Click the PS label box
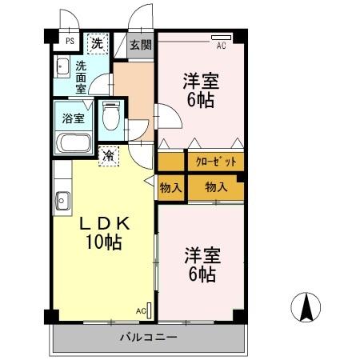tap(70, 40)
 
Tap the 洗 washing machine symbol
tap(96, 43)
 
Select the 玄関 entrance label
tap(141, 45)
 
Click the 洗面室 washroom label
tap(82, 78)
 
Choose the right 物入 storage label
tap(215, 187)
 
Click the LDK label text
tap(103, 225)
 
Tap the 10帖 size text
tap(104, 242)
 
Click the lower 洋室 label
tap(201, 256)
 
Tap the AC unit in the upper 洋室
tap(221, 38)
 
